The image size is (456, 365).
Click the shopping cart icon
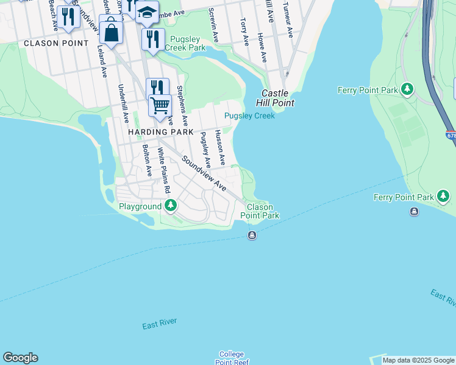point(160,105)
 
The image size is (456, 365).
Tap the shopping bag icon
point(111,32)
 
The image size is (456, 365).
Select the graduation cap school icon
point(147,12)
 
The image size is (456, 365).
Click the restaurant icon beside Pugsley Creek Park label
point(153,39)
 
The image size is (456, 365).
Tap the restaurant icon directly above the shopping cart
point(157,87)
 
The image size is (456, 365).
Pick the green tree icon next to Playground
point(171,206)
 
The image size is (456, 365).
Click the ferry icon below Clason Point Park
point(252,235)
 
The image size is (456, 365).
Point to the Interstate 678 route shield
point(450,136)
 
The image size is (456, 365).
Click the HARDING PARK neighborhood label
point(160,132)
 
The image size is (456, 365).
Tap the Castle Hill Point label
point(278,98)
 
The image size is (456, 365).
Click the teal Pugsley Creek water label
point(249,116)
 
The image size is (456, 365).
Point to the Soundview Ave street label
point(203,173)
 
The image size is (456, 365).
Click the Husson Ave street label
point(220,147)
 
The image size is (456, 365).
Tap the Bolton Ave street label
point(147,161)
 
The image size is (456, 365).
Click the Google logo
point(20,358)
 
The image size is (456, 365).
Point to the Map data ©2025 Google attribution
point(418,360)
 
